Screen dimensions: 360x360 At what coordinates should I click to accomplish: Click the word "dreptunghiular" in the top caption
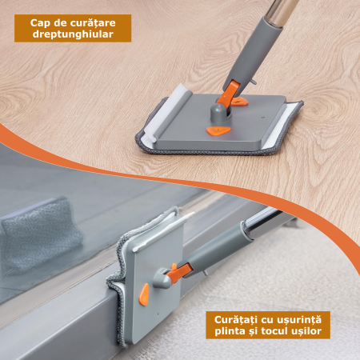73,34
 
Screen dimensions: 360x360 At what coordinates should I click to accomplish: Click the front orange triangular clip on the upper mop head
218,130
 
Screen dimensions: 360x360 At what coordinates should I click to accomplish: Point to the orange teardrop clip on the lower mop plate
144,294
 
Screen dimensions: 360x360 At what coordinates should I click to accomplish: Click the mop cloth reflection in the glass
42,234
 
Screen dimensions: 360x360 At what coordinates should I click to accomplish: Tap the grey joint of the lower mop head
162,278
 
